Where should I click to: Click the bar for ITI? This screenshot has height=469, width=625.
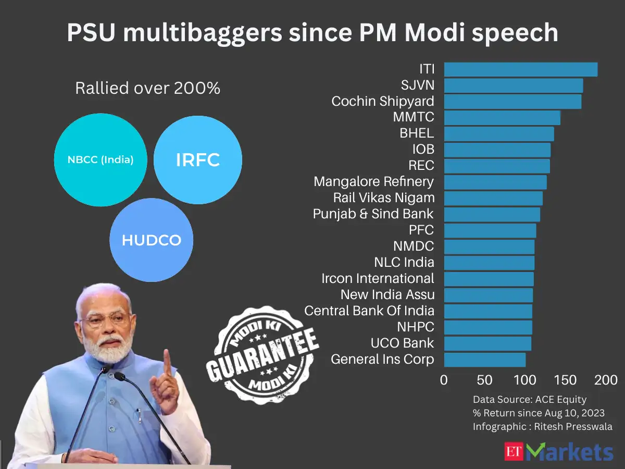point(520,69)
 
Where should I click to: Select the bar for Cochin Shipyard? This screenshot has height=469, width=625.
point(512,102)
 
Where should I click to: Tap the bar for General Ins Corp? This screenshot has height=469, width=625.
point(484,360)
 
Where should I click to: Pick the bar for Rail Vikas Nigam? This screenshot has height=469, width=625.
point(493,199)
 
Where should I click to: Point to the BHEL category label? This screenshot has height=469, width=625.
point(417,133)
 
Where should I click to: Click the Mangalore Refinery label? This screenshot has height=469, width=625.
point(373,181)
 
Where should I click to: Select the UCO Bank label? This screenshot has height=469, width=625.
point(402,343)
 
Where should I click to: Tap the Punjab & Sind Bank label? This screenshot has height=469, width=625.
point(373,214)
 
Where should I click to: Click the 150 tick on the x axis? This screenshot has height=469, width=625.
point(566,380)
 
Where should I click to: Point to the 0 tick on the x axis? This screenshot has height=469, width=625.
point(444,380)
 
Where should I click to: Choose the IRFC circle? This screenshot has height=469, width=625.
point(198,160)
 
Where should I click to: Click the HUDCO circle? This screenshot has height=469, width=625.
point(151,240)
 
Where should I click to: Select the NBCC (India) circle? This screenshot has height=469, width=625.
point(101,160)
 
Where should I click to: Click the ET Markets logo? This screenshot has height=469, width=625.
point(559,451)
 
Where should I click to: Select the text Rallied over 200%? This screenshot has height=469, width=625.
point(147,89)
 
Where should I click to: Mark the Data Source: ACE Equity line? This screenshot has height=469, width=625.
point(529,400)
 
